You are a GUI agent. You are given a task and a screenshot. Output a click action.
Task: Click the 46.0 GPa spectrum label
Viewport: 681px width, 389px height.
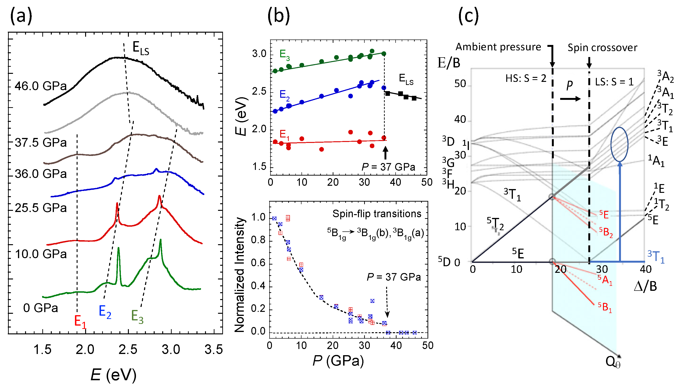(x=41, y=86)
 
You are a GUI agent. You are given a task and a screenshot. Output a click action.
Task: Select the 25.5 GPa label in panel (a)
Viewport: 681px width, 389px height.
(x=41, y=208)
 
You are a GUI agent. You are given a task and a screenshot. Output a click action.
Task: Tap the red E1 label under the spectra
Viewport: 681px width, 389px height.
(x=80, y=321)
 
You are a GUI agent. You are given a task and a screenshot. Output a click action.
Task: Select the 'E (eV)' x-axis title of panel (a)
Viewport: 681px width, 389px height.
(x=113, y=375)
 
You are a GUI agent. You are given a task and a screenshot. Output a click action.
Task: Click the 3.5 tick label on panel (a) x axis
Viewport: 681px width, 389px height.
(x=214, y=350)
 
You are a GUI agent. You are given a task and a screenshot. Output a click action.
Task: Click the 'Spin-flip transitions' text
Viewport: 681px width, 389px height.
(x=377, y=214)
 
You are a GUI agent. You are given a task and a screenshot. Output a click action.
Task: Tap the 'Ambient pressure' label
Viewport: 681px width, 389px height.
(x=498, y=47)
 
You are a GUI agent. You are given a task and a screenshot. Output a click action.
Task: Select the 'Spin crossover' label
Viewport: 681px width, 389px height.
(x=602, y=48)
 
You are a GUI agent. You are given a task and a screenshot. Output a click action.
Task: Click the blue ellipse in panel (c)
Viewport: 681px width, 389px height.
(x=619, y=144)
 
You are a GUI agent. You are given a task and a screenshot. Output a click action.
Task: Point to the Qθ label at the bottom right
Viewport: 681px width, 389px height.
(x=613, y=362)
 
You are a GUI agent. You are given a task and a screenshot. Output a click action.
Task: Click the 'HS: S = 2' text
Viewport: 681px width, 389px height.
(x=526, y=79)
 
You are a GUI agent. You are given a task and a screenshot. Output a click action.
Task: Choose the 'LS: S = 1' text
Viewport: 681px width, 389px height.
(x=614, y=82)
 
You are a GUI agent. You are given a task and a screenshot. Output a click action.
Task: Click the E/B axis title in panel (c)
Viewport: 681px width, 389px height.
(x=449, y=63)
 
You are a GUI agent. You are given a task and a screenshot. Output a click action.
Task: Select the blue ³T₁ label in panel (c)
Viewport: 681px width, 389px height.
(x=656, y=257)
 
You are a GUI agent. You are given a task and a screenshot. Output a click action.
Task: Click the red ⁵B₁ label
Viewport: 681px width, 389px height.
(x=605, y=307)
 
